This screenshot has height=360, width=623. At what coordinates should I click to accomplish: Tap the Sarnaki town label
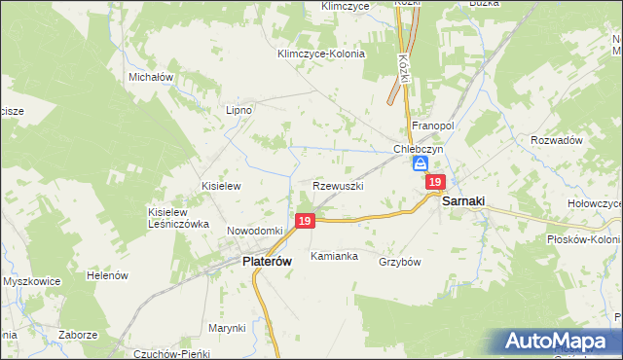point(463,201)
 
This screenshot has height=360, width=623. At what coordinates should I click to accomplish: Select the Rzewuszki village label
point(339,185)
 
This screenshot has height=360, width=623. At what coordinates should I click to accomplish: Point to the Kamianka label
point(334,257)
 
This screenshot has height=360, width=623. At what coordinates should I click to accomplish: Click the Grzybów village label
point(399,262)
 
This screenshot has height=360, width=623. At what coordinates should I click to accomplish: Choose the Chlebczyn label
point(419,149)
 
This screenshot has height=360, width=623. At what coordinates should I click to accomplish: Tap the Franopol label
point(433,126)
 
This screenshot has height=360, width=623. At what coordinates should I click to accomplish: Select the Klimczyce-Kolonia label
point(320,54)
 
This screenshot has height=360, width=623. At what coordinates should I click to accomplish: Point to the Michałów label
point(150,76)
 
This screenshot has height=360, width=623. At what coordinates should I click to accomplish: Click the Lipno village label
point(238,110)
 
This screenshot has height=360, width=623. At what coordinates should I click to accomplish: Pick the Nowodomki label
point(254,231)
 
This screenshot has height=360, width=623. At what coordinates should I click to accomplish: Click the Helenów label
point(107,275)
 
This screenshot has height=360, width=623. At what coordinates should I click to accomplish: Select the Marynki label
point(226,328)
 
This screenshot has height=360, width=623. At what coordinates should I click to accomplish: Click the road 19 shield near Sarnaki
point(435,182)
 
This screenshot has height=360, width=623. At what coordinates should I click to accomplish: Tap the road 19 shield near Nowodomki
point(305,222)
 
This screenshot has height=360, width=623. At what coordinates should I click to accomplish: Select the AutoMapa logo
point(559,342)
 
